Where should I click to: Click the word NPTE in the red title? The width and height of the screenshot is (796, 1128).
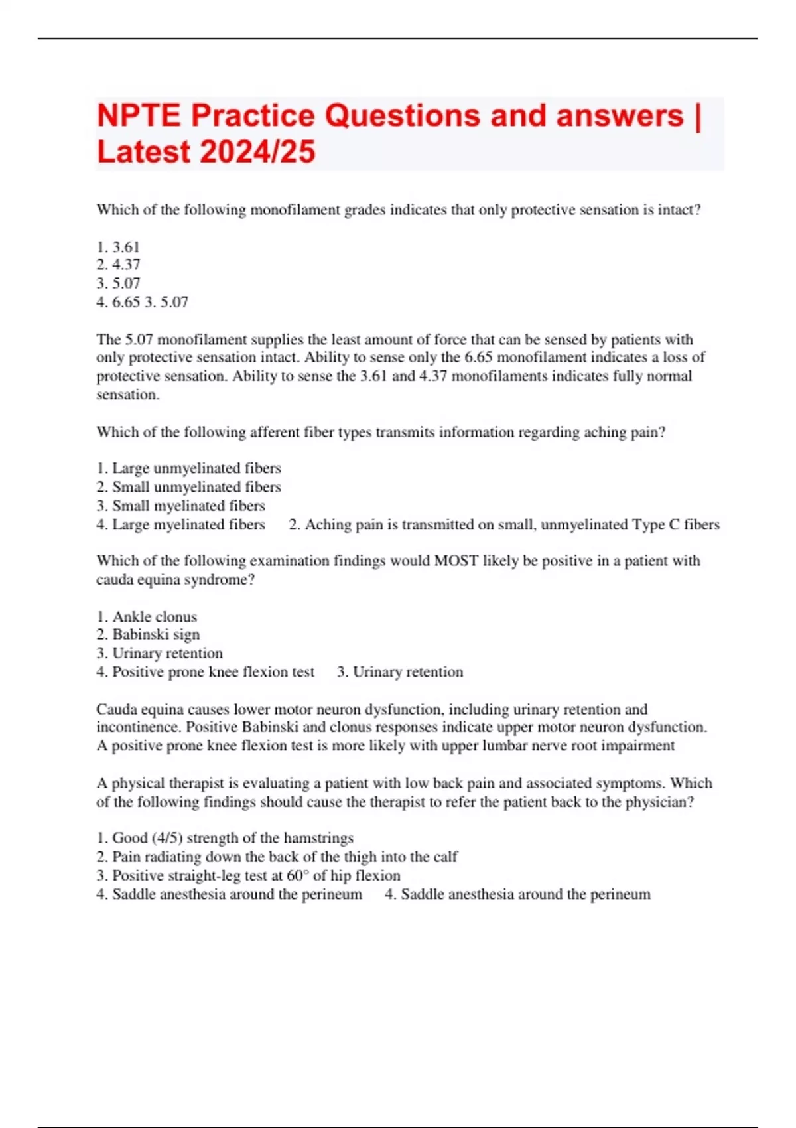coord(139,115)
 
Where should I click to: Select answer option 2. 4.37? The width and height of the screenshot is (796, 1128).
coord(119,265)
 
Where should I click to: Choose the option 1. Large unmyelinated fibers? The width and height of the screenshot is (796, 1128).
coord(189,468)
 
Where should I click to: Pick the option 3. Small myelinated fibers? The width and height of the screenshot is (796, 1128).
coord(181,506)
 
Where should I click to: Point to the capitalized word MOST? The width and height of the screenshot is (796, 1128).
coord(456,561)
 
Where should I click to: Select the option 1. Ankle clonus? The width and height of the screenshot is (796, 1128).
coord(147,616)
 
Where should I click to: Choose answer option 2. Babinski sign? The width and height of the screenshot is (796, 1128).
coord(148,635)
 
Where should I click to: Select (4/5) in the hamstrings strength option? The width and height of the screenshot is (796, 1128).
coord(167,838)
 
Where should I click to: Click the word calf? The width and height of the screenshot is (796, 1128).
coord(445,857)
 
